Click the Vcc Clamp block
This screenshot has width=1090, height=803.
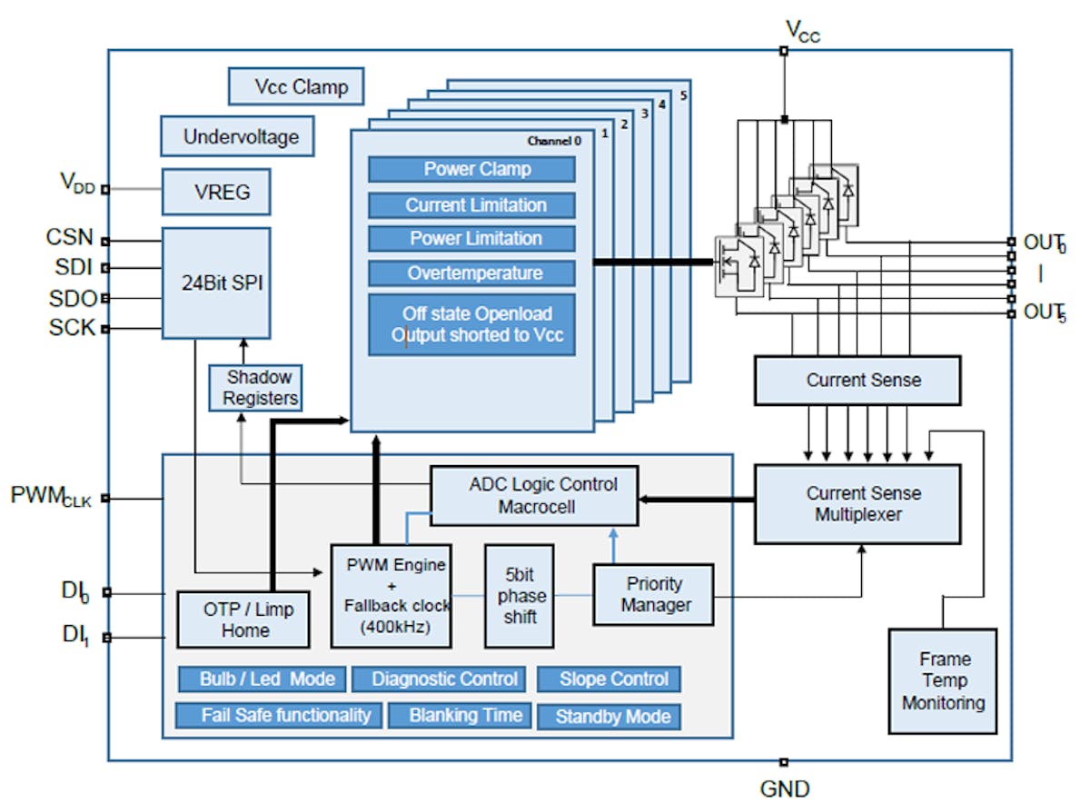tap(295, 87)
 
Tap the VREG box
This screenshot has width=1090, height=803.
tap(216, 192)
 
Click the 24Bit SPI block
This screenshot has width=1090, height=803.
tap(216, 283)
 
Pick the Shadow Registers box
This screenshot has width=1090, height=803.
tap(255, 388)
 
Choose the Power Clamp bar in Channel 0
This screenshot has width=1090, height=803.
tap(471, 170)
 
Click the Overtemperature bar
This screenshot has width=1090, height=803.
tap(471, 273)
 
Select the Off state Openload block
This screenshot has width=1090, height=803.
tap(471, 324)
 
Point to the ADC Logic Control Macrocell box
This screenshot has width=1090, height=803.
tap(534, 496)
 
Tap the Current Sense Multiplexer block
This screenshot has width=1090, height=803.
tap(857, 504)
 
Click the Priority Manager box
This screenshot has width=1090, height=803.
tap(653, 595)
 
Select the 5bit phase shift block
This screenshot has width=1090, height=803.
tap(520, 596)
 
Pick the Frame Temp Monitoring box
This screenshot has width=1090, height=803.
tap(942, 681)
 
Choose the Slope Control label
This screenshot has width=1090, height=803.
tap(609, 679)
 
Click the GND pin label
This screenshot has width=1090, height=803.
tap(784, 788)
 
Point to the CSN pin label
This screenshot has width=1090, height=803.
tap(69, 238)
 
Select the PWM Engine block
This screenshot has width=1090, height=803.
tap(391, 596)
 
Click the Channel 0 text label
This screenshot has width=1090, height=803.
tap(554, 141)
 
